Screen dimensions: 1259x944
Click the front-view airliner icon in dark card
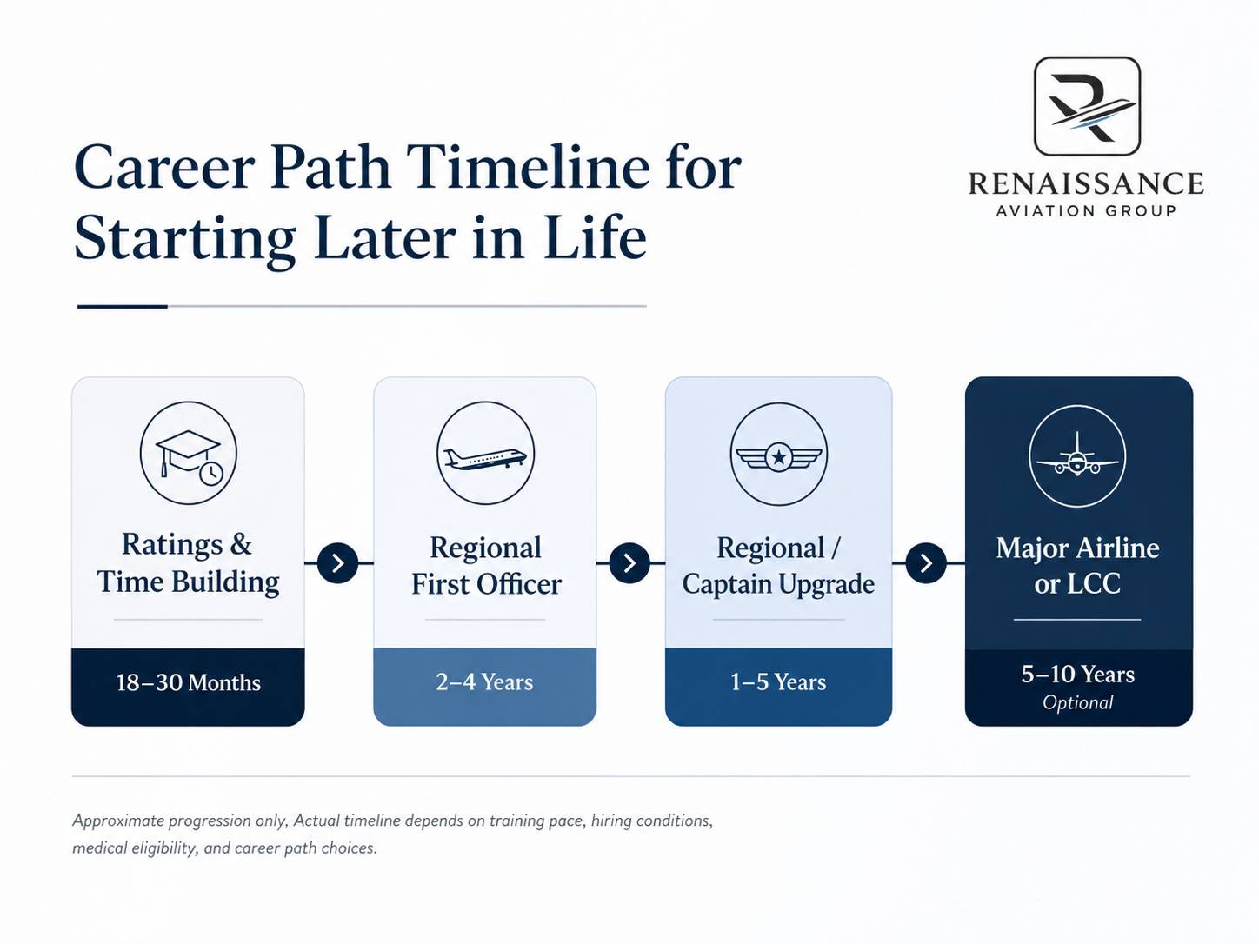coord(1077,456)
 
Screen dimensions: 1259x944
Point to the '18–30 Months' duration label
coord(188,682)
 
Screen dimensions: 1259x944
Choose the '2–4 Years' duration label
coord(484,682)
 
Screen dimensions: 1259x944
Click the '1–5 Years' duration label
coord(778,682)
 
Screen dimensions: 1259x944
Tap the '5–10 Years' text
coord(1078,674)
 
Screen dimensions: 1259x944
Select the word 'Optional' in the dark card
coord(1078,702)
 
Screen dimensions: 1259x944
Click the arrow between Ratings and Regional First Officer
coord(338,563)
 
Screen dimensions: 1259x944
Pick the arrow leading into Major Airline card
coord(926,563)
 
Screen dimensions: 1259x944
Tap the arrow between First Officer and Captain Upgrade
coord(629,563)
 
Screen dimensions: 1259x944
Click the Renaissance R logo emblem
coord(1087,107)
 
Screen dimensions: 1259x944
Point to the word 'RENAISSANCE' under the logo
coord(1086,184)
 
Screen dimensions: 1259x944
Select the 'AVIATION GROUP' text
coord(1086,211)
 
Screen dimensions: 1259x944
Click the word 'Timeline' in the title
coord(530,167)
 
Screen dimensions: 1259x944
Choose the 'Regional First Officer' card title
coord(486,566)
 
